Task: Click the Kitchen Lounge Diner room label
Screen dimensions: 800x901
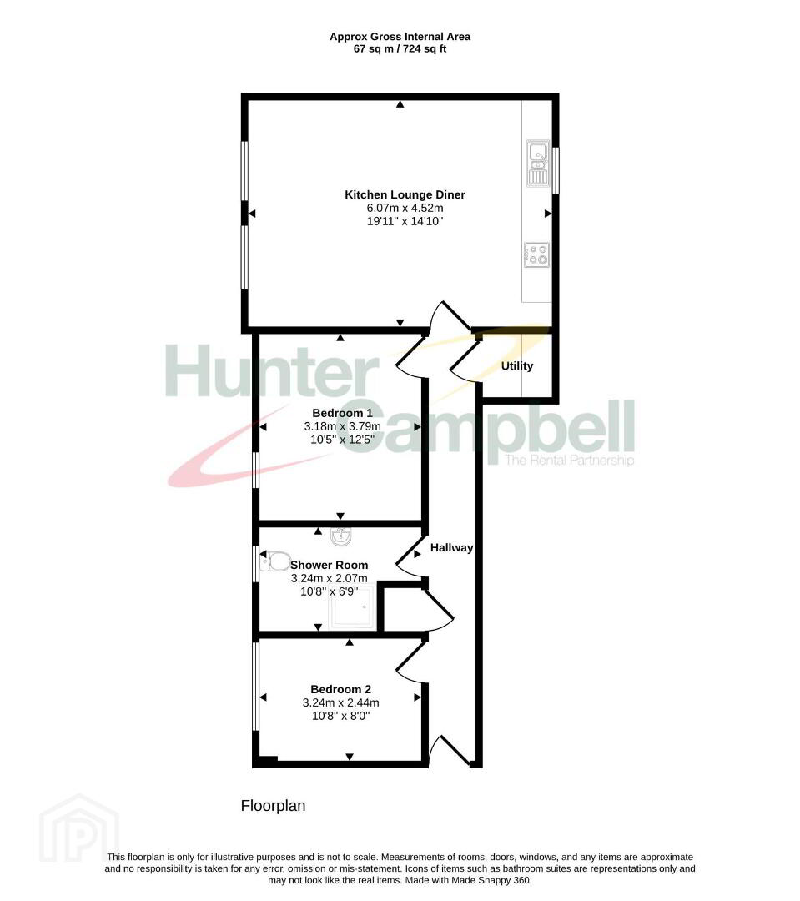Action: click(405, 194)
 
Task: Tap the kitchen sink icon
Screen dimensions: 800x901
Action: click(537, 164)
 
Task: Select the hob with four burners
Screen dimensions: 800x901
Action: click(536, 254)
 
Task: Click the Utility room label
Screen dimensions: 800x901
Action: click(516, 366)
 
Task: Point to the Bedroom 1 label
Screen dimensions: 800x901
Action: click(342, 413)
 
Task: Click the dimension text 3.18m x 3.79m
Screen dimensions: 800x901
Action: click(342, 426)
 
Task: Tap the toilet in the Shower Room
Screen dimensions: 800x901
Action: click(274, 561)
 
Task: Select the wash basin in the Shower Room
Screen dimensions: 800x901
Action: click(341, 536)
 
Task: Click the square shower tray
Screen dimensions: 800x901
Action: click(351, 608)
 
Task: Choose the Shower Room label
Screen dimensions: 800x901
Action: click(329, 566)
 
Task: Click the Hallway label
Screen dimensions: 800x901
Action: click(452, 548)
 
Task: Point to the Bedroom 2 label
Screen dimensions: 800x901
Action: click(341, 690)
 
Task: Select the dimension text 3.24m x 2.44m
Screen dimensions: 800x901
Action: click(341, 702)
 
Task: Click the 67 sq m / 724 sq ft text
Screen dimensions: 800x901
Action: click(400, 49)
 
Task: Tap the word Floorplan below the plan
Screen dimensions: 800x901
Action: click(273, 806)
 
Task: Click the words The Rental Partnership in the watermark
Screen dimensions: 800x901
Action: click(569, 461)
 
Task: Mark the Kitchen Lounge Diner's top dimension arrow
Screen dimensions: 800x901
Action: click(400, 104)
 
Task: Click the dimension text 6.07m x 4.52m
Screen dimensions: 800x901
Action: click(405, 208)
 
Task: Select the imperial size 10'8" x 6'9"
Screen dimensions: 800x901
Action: click(329, 591)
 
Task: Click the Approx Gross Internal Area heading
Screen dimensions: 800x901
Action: click(400, 37)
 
